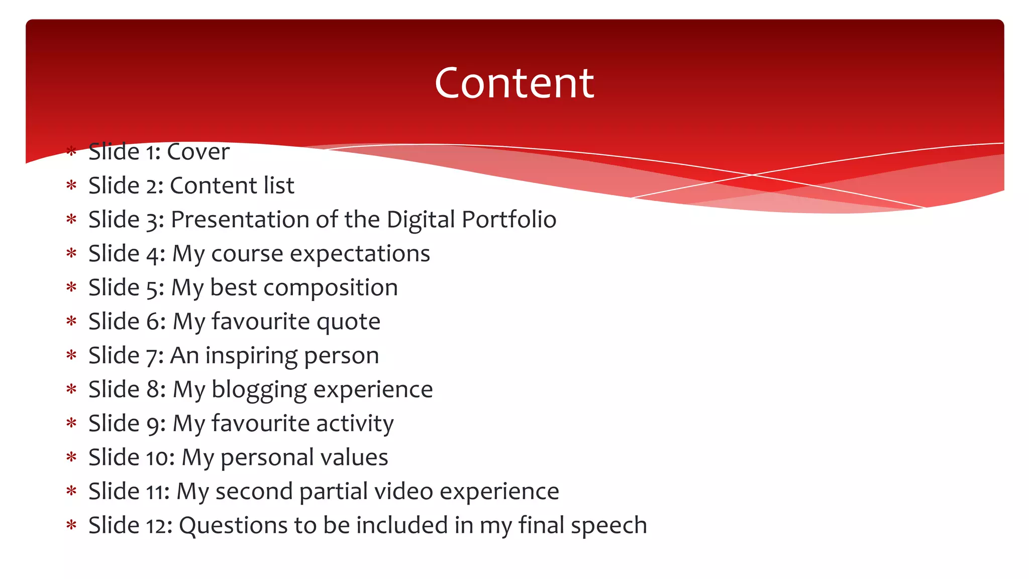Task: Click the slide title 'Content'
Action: point(514,83)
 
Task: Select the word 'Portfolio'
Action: point(509,220)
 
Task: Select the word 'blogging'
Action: point(259,390)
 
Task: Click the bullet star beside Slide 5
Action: point(71,287)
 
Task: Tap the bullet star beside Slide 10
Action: point(71,457)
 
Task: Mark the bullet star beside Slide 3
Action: point(71,219)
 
